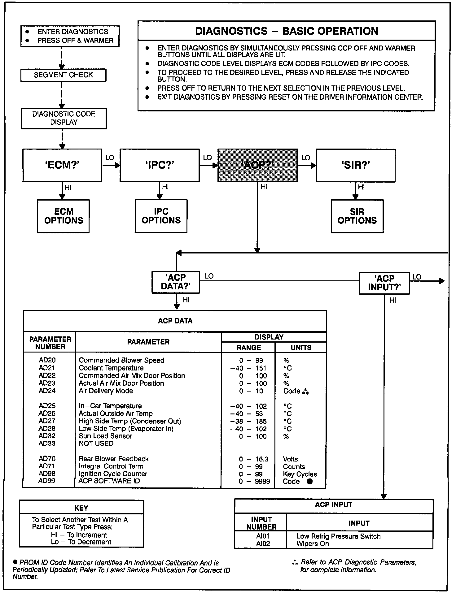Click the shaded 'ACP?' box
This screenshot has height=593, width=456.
coord(257,165)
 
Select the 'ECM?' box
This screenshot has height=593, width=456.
coord(62,165)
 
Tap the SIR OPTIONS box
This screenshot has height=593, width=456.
coord(357,216)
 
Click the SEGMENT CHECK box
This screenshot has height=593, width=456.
coord(63,75)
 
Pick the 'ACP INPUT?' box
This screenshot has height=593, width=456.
coord(384,283)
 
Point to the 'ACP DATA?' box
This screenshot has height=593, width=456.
coord(175,282)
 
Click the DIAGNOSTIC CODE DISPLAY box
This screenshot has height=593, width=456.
coord(64,118)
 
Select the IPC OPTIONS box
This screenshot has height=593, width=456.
coord(161,216)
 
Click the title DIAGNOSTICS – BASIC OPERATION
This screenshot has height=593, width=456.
coord(287,31)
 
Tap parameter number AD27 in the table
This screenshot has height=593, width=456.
coord(47,421)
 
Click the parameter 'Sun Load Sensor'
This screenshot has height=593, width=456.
coord(105,436)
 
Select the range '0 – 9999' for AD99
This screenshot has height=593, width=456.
coord(254,481)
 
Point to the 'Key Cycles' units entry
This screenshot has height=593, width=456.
coord(300,474)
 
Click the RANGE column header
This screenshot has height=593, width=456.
coord(248,348)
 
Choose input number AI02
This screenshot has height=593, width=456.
coord(263,544)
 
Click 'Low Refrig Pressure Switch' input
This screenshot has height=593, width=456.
coord(338,536)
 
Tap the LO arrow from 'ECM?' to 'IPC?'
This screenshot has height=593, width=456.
coord(111,165)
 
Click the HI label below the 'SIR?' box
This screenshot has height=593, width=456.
coord(361,187)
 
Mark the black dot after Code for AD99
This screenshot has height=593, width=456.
coord(309,481)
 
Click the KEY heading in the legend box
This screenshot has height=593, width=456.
coord(81,508)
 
